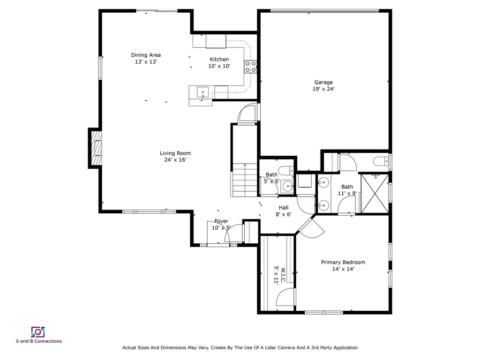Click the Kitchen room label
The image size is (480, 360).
pyautogui.click(x=219, y=60)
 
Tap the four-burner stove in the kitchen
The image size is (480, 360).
pyautogui.click(x=251, y=67)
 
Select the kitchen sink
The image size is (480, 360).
pyautogui.click(x=202, y=91)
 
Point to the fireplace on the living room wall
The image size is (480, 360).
pyautogui.click(x=96, y=148)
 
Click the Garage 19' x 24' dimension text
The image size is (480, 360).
pyautogui.click(x=323, y=89)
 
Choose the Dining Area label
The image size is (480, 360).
pyautogui.click(x=146, y=55)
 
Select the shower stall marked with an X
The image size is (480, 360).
pyautogui.click(x=374, y=194)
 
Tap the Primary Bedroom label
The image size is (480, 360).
pyautogui.click(x=343, y=262)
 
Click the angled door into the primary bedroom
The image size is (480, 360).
pyautogui.click(x=309, y=227)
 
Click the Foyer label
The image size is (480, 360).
pyautogui.click(x=221, y=221)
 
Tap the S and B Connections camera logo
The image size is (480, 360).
pyautogui.click(x=38, y=332)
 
